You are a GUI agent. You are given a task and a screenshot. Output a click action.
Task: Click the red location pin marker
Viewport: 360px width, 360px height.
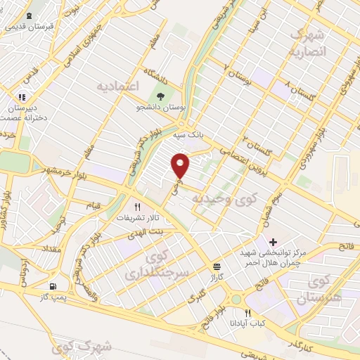[x=181, y=165]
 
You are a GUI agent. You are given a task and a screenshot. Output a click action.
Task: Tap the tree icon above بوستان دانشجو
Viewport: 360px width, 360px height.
[x=163, y=97]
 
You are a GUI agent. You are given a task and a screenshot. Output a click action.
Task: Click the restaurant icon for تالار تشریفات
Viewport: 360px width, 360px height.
[x=138, y=207]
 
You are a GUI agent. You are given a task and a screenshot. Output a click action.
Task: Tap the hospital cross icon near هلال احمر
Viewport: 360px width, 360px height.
[x=273, y=243]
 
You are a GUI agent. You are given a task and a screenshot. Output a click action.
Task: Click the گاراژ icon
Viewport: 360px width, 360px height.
[x=217, y=266]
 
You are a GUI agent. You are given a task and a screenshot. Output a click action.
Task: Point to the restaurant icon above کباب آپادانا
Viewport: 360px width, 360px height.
[x=247, y=314]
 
